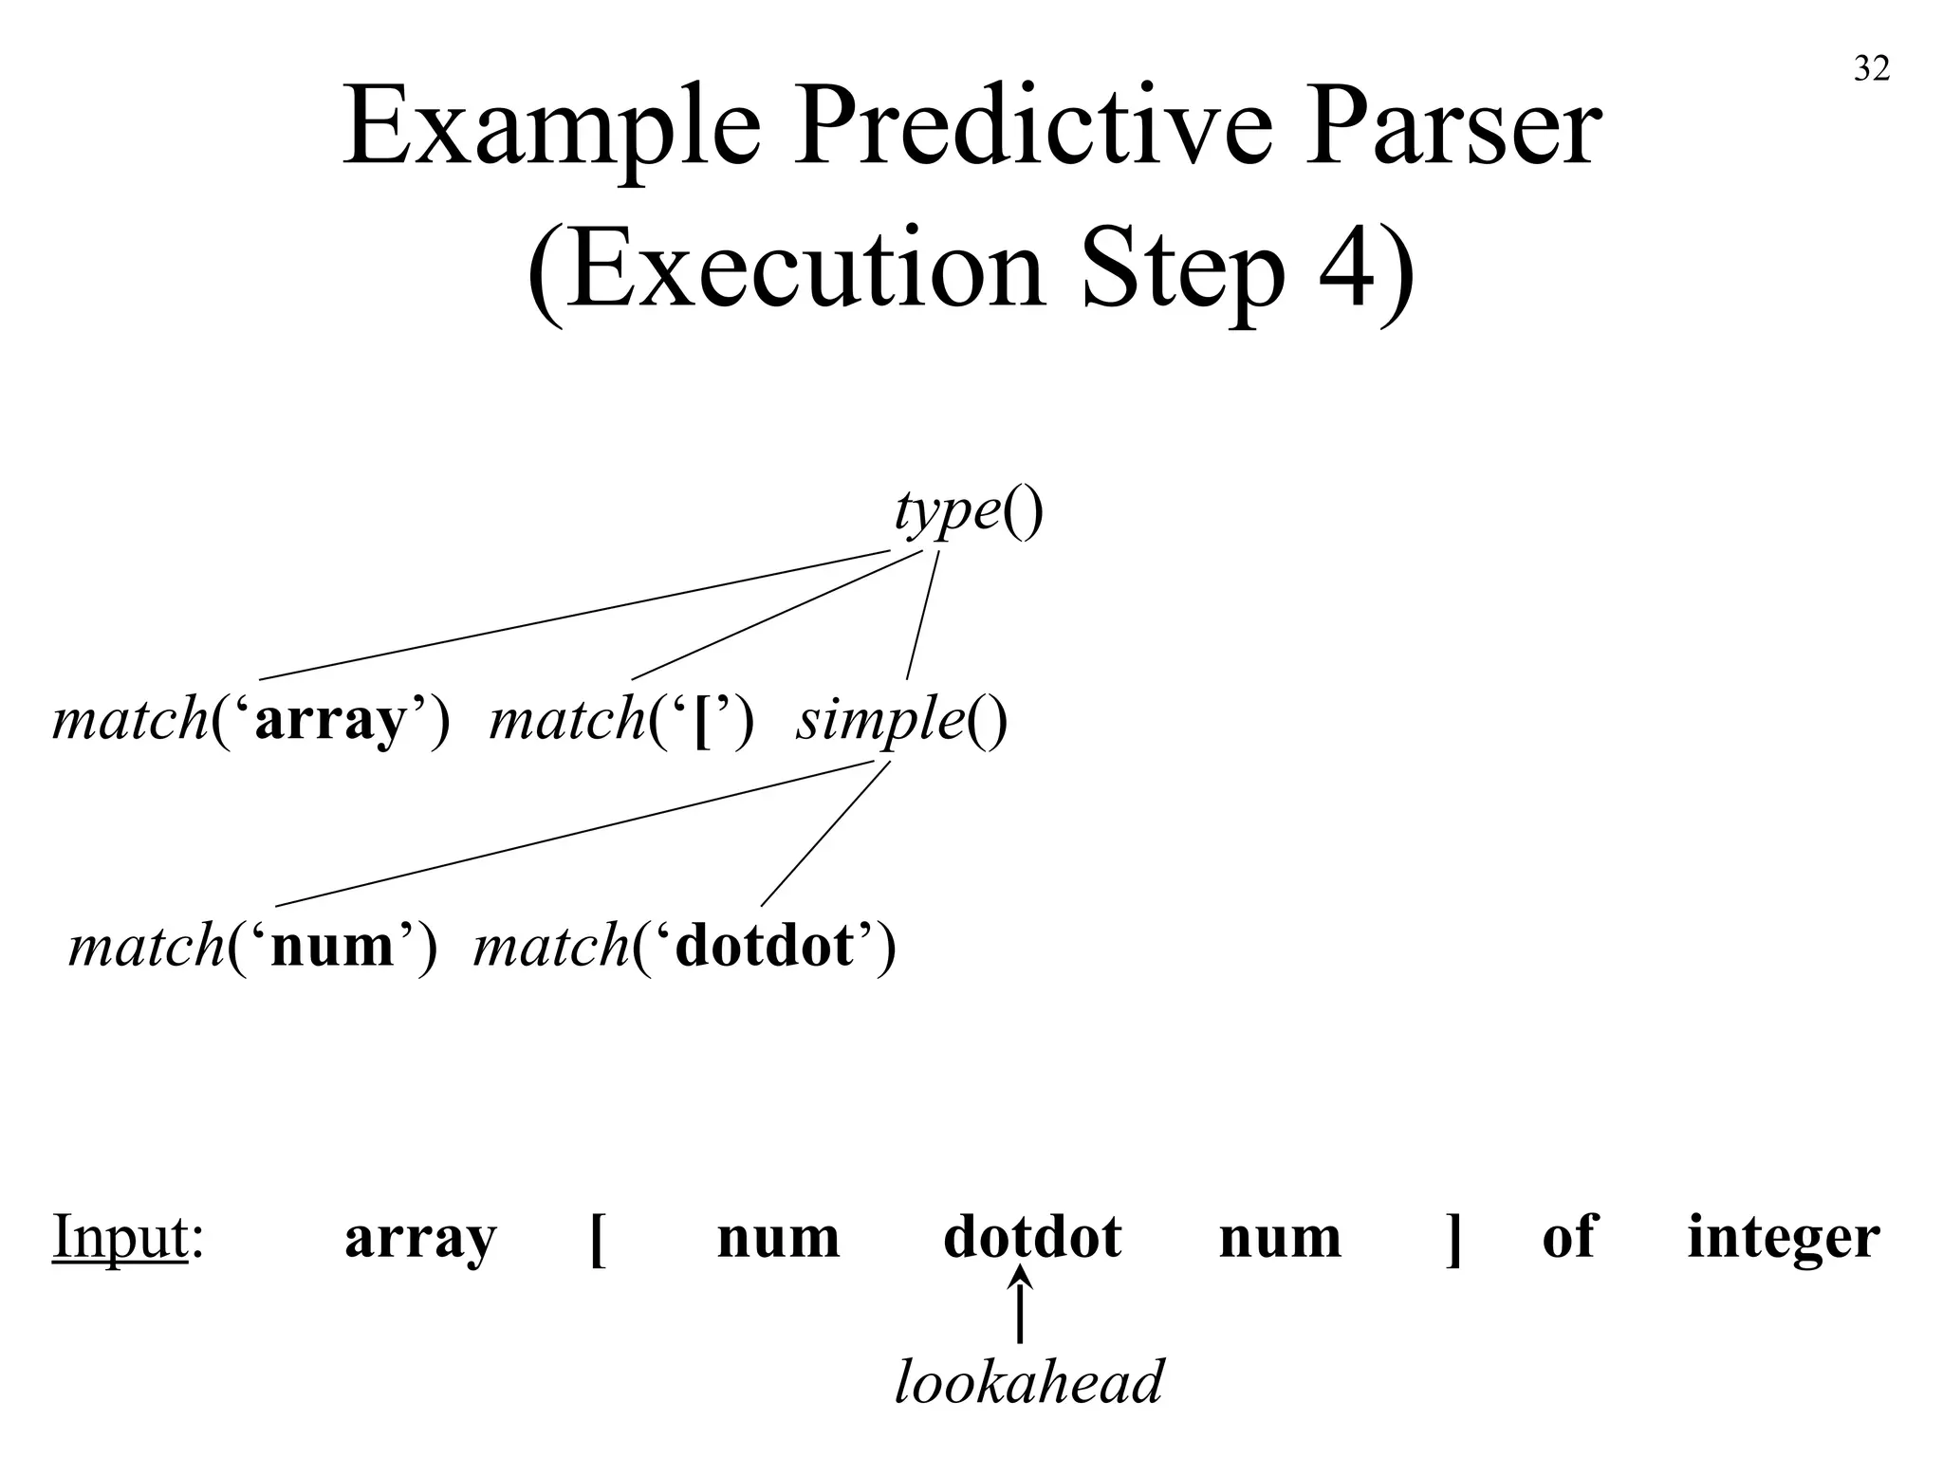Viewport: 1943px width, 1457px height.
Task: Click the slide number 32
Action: pyautogui.click(x=1871, y=68)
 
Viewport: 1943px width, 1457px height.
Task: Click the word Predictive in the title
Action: pyautogui.click(x=1030, y=128)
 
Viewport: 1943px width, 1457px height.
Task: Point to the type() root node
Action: pyautogui.click(x=968, y=512)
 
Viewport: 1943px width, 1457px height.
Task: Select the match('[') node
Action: pyautogui.click(x=621, y=720)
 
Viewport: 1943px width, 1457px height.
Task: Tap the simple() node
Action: pyautogui.click(x=901, y=720)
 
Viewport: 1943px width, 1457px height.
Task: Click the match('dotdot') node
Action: pyautogui.click(x=684, y=947)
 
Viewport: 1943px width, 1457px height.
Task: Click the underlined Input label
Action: pyautogui.click(x=120, y=1237)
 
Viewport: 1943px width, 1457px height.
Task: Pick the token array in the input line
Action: pyautogui.click(x=420, y=1237)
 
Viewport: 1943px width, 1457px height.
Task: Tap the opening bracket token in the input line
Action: pyautogui.click(x=598, y=1239)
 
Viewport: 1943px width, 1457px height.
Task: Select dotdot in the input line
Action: pyautogui.click(x=1032, y=1237)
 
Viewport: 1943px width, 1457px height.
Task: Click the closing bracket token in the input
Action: pyautogui.click(x=1453, y=1239)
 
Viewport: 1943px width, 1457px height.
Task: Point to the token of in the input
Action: pyautogui.click(x=1569, y=1237)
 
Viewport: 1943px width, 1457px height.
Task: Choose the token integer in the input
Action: pyautogui.click(x=1783, y=1239)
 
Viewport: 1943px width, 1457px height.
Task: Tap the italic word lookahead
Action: pyautogui.click(x=1028, y=1382)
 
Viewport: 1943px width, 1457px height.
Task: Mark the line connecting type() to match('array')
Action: pyautogui.click(x=574, y=615)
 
